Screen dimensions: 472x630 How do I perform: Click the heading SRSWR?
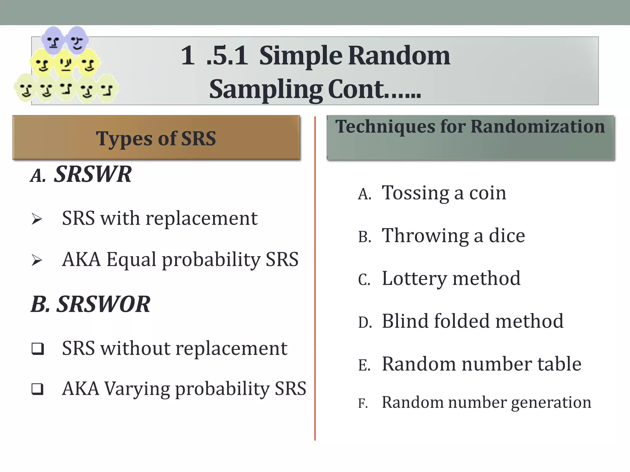[x=93, y=174]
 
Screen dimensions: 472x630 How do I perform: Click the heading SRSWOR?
[x=104, y=304]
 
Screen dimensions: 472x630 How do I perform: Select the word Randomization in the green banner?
[x=537, y=126]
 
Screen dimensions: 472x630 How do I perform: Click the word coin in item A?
[x=487, y=193]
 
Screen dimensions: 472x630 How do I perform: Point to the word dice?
[x=507, y=236]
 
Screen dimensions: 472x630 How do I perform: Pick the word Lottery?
[x=414, y=279]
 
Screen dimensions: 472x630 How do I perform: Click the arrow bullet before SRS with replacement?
[x=37, y=219]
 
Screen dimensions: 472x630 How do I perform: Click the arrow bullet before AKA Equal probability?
[x=37, y=260]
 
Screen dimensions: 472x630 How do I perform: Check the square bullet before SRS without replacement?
[x=38, y=349]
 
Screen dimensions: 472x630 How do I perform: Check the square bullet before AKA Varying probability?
[x=38, y=389]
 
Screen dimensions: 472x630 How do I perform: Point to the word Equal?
[x=131, y=259]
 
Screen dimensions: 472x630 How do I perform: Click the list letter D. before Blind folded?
[x=365, y=323]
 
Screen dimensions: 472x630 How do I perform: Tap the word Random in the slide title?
[x=399, y=56]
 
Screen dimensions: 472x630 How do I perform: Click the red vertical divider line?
[x=315, y=277]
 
